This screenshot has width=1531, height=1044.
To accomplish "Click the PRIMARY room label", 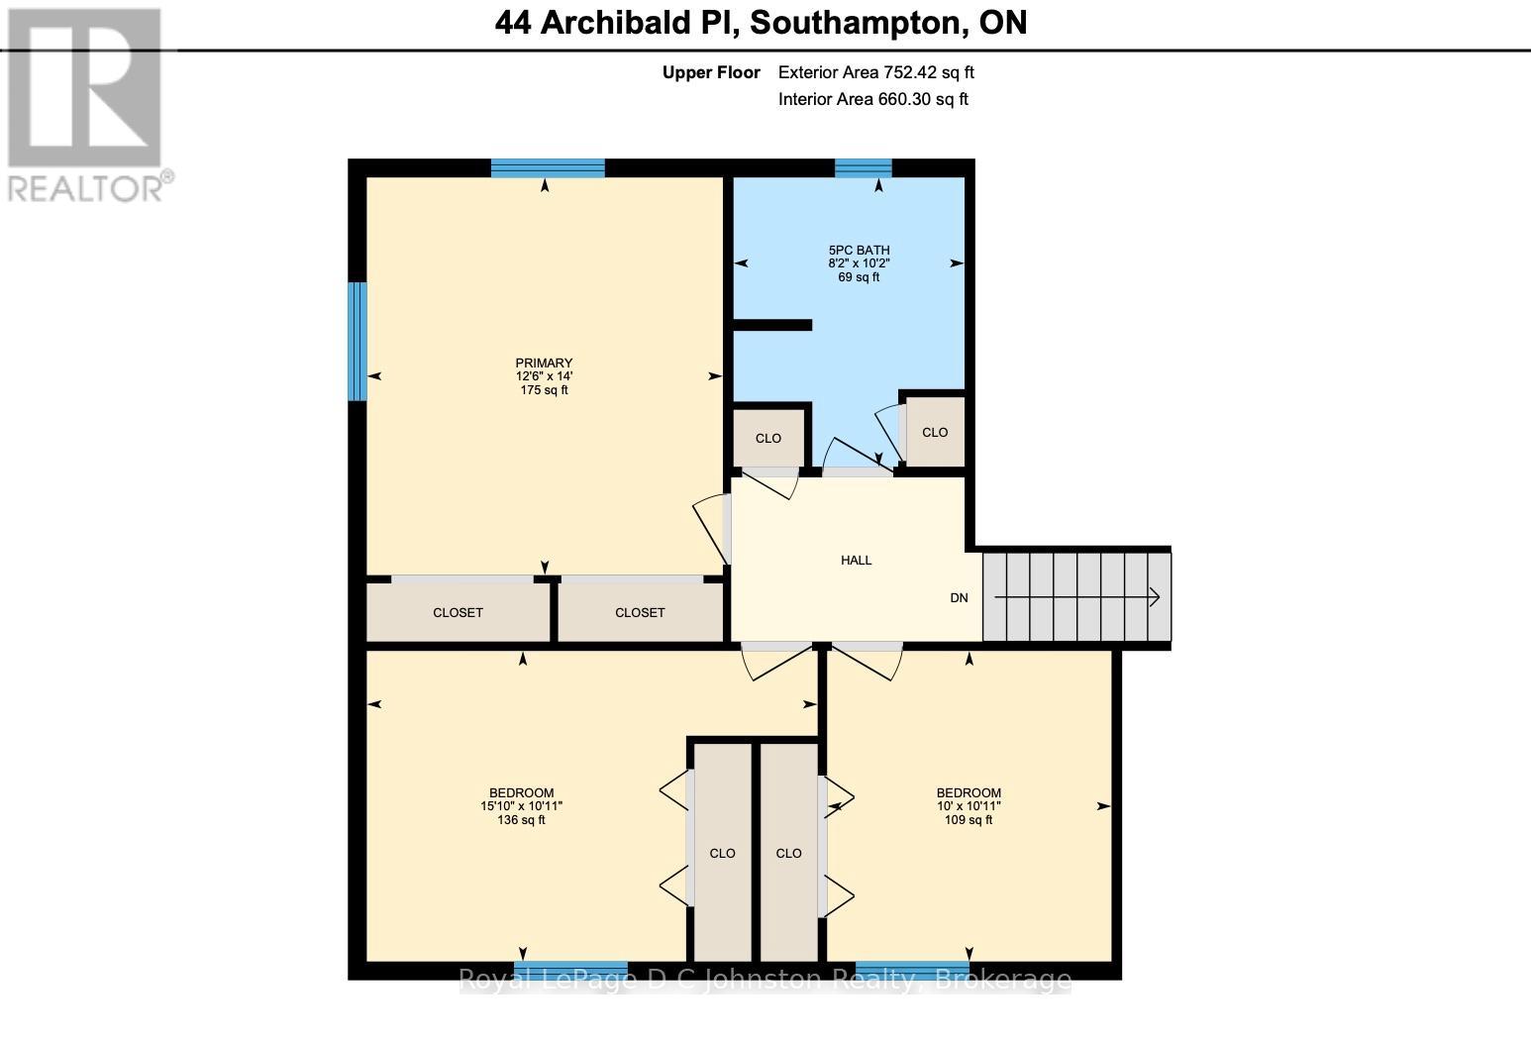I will (544, 363).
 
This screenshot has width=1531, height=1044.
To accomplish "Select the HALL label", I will (856, 561).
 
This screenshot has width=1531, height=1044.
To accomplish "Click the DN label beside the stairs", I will (959, 598).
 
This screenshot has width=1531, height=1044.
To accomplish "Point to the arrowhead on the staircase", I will (1154, 597).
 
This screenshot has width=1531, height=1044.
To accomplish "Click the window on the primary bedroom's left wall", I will (357, 342).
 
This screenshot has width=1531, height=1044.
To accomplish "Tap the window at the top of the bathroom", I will (863, 168).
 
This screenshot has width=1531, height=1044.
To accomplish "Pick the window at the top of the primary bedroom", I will (548, 168).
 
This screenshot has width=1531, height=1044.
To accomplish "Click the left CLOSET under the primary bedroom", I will (458, 613).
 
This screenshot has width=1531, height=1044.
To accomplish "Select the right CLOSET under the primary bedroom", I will (640, 613).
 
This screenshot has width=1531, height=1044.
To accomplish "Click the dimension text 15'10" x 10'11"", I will (521, 806).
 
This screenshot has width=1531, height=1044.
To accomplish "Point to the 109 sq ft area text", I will (969, 820).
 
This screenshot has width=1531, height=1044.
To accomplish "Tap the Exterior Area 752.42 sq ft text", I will (876, 72).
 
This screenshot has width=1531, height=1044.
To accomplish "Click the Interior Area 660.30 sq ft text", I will (873, 99).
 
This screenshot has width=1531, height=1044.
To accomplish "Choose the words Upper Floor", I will (711, 72).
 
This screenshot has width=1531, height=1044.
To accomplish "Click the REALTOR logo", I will (86, 104).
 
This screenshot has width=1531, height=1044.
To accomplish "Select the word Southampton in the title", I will (858, 22).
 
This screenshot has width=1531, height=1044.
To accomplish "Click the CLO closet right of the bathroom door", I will (934, 433).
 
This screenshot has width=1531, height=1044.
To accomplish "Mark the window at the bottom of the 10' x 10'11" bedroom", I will (912, 970).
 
